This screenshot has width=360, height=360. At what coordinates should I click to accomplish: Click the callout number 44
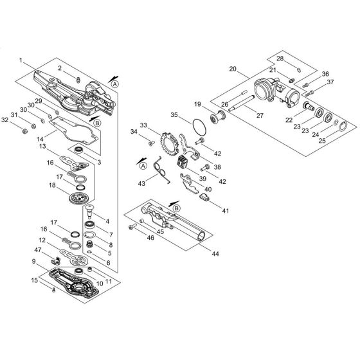pos(215,254)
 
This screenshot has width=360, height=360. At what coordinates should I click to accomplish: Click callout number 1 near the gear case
pos(21,60)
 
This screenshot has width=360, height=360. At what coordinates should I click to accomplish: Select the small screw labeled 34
pos(151,143)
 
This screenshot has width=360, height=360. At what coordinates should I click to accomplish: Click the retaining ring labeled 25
pos(343,126)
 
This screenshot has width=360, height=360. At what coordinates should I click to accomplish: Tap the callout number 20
pos(233,69)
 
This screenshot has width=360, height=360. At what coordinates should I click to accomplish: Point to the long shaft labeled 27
pos(242,103)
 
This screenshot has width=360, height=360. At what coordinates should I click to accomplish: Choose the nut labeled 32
pos(25,131)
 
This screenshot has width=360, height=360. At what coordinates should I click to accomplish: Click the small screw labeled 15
pos(54,290)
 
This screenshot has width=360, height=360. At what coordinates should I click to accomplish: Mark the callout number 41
pos(226,211)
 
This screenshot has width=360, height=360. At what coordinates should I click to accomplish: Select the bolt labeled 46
pos(132,227)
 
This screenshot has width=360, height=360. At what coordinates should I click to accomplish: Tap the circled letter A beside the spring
pos(143,166)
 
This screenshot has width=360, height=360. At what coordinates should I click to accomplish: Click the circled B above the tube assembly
pos(177,208)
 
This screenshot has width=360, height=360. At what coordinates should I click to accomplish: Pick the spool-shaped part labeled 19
pos(217,118)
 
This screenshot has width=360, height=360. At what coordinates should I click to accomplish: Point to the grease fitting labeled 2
pos(78,80)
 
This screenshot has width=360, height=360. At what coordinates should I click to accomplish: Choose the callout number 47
pos(38,249)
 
